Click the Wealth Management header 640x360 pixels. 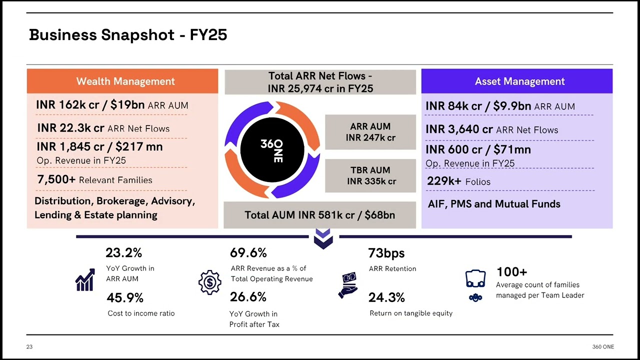tap(122, 81)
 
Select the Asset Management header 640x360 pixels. tap(517, 81)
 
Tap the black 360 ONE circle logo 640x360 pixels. tap(272, 149)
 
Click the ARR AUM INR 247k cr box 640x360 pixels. tap(370, 132)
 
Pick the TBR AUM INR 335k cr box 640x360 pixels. tap(370, 175)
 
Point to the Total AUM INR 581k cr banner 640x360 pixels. tap(319, 215)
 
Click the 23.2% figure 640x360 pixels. tap(123, 252)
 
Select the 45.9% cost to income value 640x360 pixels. tap(125, 297)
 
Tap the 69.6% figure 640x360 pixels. tap(248, 252)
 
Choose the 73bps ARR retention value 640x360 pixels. tap(386, 253)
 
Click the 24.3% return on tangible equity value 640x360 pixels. tap(386, 297)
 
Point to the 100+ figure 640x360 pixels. tap(512, 271)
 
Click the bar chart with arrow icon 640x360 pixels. tap(85, 279)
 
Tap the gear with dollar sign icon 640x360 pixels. tap(210, 282)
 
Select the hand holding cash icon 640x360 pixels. tap(347, 285)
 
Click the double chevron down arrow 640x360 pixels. tap(323, 239)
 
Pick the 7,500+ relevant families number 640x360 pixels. tap(56, 179)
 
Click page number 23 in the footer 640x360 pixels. tap(29, 347)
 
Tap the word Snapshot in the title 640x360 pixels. tap(137, 35)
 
